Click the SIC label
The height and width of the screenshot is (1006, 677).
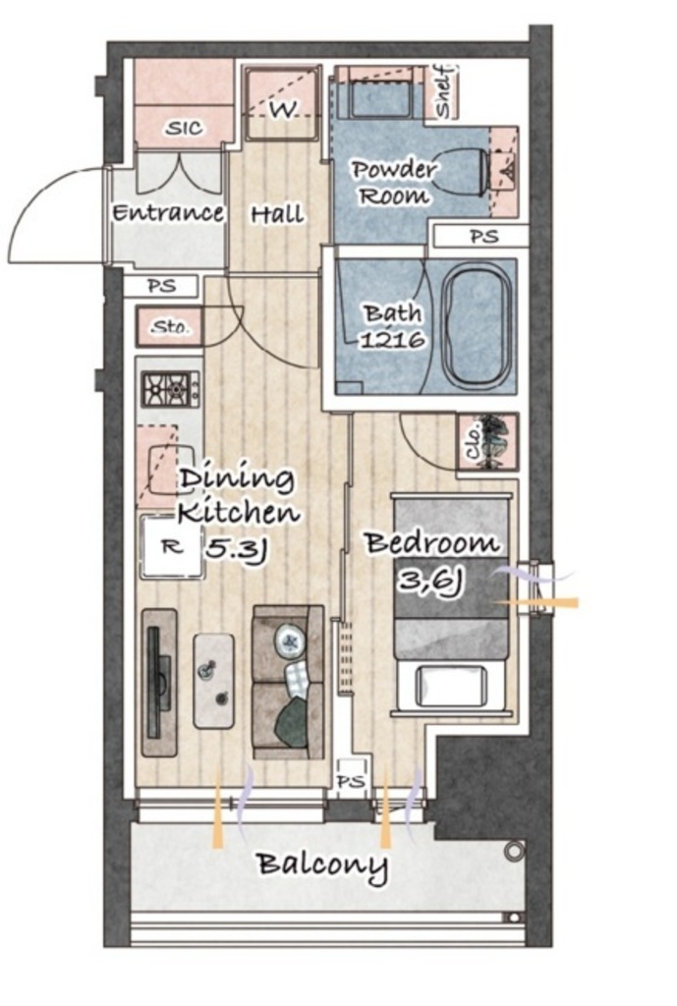click(184, 129)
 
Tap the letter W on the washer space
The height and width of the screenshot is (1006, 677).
click(282, 111)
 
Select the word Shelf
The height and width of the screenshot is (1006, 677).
click(444, 91)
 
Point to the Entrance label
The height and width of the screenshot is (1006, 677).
click(168, 212)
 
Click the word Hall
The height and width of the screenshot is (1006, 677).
click(277, 214)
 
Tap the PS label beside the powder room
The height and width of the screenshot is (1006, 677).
click(484, 236)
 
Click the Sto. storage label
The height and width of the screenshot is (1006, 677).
click(170, 328)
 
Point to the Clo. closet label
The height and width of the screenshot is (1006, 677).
click(475, 442)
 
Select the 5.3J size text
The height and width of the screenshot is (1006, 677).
click(236, 548)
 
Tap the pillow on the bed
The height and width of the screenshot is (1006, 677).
click(451, 687)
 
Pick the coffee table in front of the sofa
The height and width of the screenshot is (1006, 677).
click(213, 682)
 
